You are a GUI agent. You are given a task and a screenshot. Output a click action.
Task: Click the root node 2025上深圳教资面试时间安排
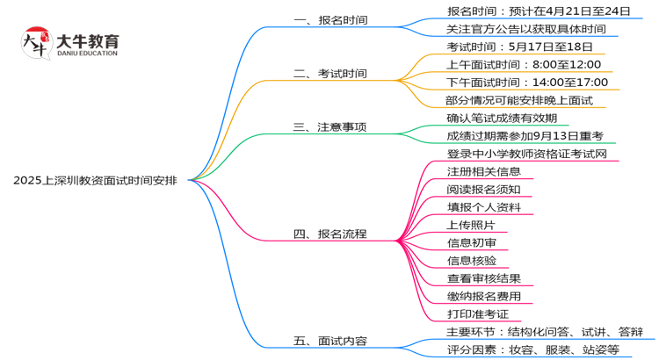(94, 181)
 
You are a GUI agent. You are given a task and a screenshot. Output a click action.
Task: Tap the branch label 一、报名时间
(330, 19)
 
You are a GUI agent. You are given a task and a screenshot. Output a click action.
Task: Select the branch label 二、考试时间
(330, 73)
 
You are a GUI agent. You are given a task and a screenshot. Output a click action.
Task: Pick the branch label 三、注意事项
(330, 126)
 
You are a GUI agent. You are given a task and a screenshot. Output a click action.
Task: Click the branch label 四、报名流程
(330, 234)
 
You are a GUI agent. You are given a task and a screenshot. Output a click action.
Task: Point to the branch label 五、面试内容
(330, 341)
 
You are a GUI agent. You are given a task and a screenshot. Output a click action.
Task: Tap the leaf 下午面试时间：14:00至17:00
(526, 83)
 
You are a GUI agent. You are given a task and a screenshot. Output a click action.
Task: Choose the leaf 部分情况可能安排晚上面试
(518, 100)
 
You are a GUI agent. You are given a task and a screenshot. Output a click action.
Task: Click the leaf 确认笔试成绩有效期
(501, 118)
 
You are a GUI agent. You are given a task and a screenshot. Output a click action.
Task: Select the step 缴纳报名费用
(489, 296)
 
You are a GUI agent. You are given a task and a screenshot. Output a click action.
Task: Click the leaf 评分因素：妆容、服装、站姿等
(532, 349)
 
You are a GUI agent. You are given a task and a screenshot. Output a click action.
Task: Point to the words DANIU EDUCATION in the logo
(88, 54)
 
